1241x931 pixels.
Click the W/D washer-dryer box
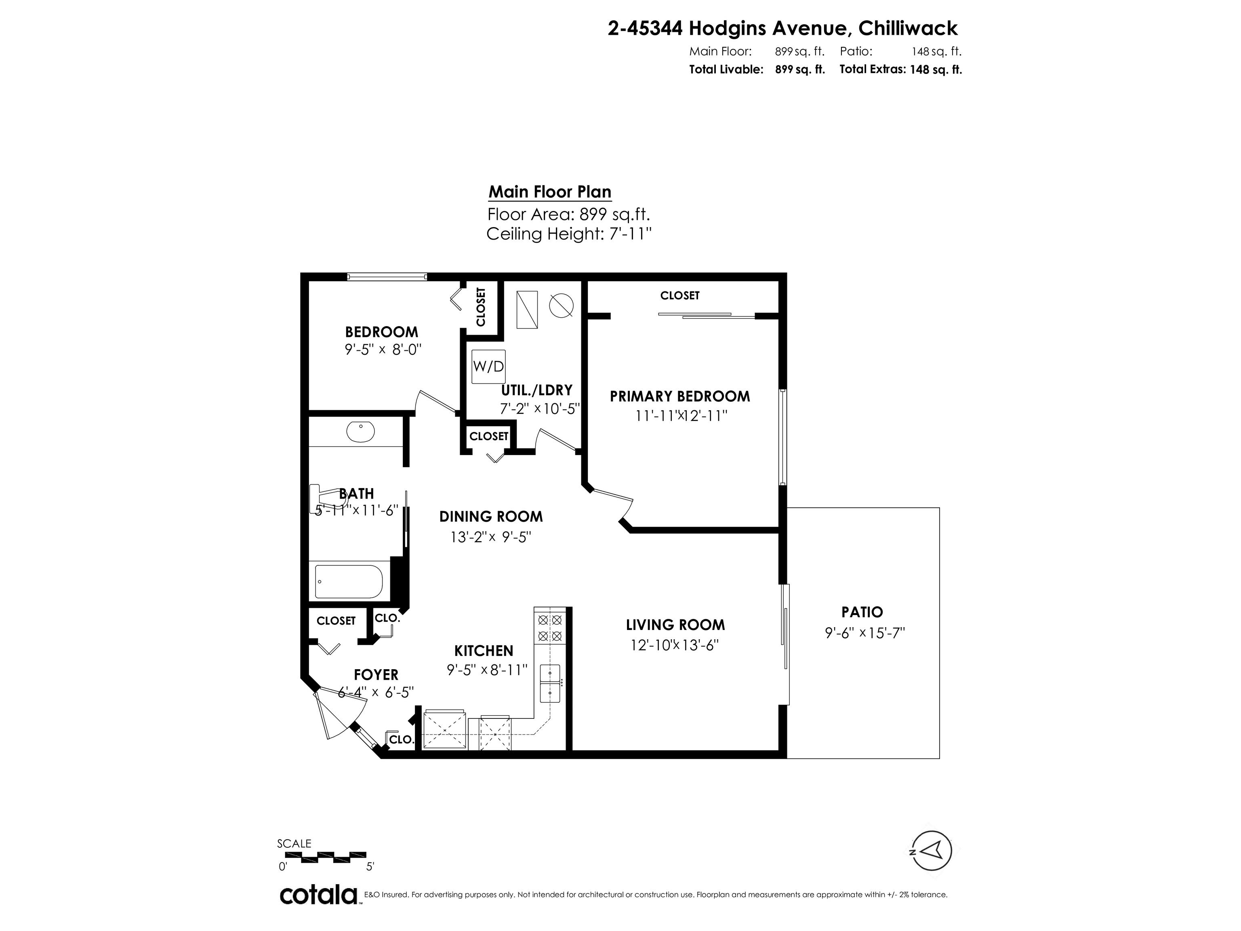pyautogui.click(x=488, y=367)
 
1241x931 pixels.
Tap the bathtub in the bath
pyautogui.click(x=349, y=582)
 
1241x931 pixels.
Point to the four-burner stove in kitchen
pyautogui.click(x=550, y=628)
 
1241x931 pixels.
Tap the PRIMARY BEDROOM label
pyautogui.click(x=679, y=396)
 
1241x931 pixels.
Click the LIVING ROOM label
pyautogui.click(x=675, y=625)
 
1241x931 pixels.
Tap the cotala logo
pyautogui.click(x=318, y=895)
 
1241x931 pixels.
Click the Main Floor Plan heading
pyautogui.click(x=549, y=192)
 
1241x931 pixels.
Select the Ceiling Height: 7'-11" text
pyautogui.click(x=568, y=234)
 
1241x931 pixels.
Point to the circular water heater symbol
pyautogui.click(x=561, y=306)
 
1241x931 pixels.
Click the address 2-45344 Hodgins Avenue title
pyautogui.click(x=782, y=27)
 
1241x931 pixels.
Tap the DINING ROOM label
pyautogui.click(x=491, y=516)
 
